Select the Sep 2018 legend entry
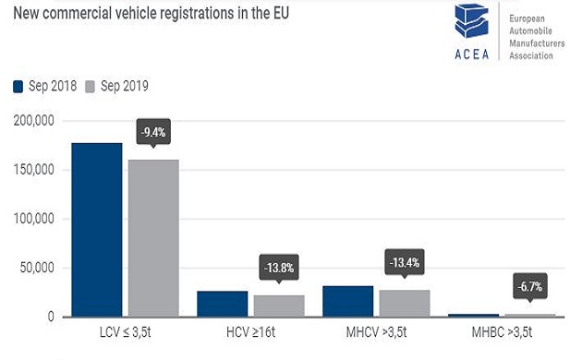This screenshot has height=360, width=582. tap(45, 86)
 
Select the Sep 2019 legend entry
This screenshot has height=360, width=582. tap(117, 86)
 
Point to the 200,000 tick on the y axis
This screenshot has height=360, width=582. tap(35, 121)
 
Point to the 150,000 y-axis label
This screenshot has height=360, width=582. tap(35, 170)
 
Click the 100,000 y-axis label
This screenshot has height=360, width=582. tap(35, 219)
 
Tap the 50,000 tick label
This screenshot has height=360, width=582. tap(38, 268)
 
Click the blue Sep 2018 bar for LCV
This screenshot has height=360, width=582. tap(96, 230)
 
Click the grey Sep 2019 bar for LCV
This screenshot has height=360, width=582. tap(153, 238)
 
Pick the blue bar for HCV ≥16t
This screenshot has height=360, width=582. tap(223, 304)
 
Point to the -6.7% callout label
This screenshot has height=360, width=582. tap(530, 286)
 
